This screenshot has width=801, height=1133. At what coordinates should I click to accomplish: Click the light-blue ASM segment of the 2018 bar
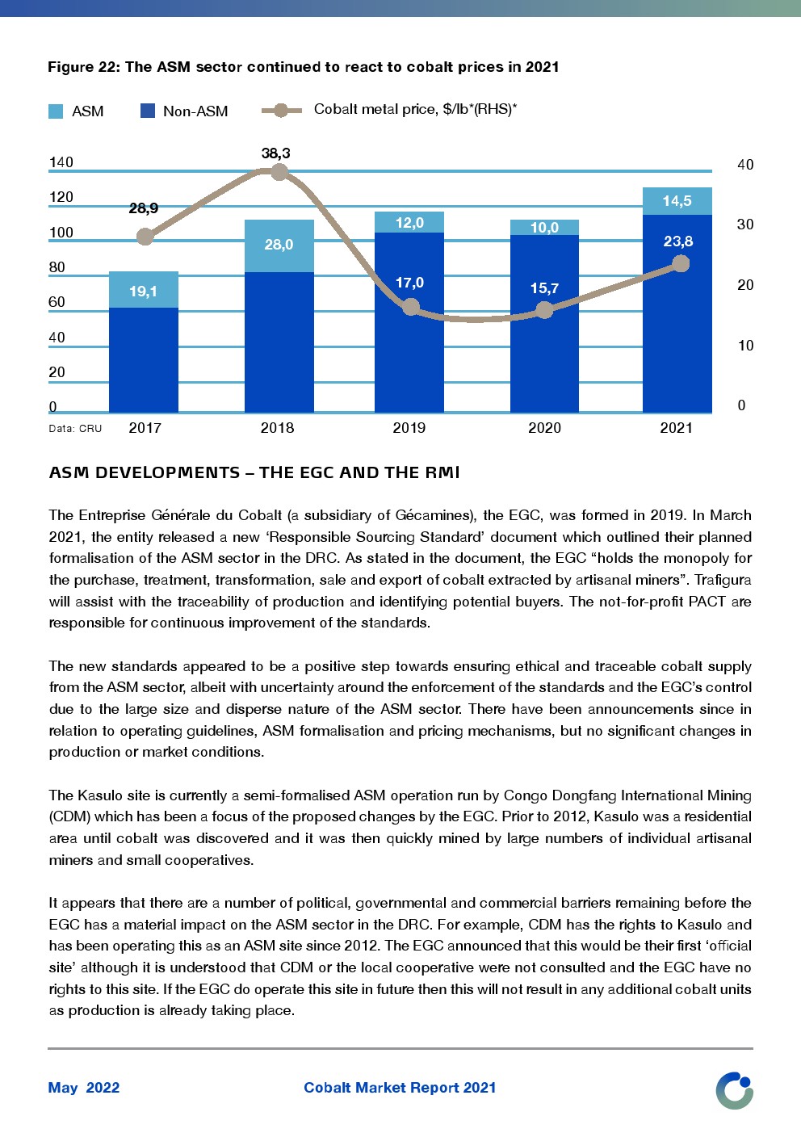click(x=279, y=245)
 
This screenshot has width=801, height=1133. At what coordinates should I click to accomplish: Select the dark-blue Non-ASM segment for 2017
click(x=144, y=359)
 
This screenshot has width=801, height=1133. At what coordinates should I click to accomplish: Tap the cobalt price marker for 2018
click(x=279, y=172)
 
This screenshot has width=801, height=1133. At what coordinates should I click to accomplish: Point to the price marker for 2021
click(x=681, y=264)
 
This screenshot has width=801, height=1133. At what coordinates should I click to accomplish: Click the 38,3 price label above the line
click(x=275, y=153)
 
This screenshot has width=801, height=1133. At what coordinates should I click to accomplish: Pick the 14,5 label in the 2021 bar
click(x=677, y=201)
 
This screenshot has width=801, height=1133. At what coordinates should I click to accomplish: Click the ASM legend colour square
click(x=56, y=111)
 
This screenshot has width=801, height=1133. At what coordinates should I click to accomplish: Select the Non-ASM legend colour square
click(x=148, y=111)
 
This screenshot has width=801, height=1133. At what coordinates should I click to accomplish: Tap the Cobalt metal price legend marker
click(x=281, y=111)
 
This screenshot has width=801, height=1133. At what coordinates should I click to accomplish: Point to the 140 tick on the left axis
click(x=61, y=162)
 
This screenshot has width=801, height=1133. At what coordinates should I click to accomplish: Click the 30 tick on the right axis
click(x=744, y=225)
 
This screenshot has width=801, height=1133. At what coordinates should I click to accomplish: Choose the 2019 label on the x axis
click(x=409, y=428)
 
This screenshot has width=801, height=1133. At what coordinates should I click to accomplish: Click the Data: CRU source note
click(x=75, y=429)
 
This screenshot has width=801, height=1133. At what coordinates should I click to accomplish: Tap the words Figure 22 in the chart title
click(x=84, y=67)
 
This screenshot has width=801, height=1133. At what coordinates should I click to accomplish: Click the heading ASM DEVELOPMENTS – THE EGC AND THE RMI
click(x=254, y=472)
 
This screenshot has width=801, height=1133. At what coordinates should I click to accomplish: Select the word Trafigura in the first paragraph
click(x=723, y=580)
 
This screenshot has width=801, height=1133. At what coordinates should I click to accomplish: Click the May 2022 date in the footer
click(x=84, y=1088)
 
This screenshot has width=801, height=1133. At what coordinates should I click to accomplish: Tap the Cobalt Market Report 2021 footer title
click(x=400, y=1088)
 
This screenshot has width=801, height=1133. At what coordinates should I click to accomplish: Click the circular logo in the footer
click(x=734, y=1090)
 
